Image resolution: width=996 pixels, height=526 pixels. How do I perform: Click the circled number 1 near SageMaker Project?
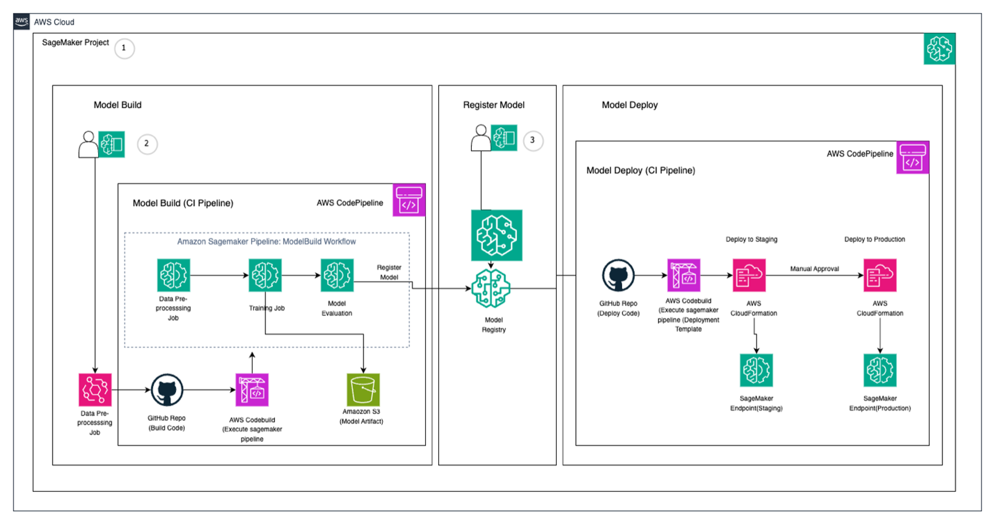tap(124, 48)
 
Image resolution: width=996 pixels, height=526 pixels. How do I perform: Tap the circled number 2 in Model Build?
tap(147, 144)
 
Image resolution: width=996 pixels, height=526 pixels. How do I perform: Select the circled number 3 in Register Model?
tap(533, 140)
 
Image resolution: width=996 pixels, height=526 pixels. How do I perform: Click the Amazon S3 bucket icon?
tap(363, 389)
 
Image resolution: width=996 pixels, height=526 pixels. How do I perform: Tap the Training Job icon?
tap(265, 275)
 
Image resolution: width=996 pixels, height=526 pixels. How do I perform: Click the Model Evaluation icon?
tap(337, 275)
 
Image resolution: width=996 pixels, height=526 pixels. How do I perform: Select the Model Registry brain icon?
tap(491, 288)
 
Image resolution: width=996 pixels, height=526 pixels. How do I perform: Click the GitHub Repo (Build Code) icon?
tap(167, 390)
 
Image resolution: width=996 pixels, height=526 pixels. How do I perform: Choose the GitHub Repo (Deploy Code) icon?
tap(618, 275)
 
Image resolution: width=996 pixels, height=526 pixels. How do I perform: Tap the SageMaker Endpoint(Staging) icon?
tap(756, 370)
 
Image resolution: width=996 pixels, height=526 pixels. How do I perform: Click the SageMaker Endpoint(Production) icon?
tap(880, 370)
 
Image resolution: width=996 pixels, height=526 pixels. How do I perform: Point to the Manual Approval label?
tap(814, 269)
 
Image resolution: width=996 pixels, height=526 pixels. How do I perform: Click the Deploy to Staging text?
tap(751, 240)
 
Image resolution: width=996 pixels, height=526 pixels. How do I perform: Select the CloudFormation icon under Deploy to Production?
tap(880, 275)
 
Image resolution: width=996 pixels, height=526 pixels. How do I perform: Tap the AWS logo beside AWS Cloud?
tap(22, 22)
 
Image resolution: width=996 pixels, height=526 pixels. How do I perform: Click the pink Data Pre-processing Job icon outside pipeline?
tap(95, 390)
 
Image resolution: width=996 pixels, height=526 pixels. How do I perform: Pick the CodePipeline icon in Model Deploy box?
tap(912, 158)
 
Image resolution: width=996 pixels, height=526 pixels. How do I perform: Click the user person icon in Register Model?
tap(481, 138)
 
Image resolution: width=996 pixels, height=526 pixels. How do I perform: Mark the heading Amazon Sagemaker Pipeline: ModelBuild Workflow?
tap(266, 242)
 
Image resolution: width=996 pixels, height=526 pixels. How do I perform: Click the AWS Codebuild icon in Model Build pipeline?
tap(252, 390)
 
